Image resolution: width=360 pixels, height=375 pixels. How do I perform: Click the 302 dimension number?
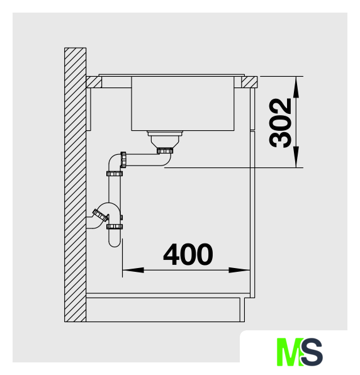[280, 123]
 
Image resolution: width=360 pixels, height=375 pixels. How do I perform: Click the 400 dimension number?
[188, 254]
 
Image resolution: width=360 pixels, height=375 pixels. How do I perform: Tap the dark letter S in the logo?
[312, 352]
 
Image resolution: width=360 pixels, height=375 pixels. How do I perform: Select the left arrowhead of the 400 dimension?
[133, 271]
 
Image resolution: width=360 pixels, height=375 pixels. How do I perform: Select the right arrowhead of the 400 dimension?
[239, 271]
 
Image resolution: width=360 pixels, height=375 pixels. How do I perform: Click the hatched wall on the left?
[75, 184]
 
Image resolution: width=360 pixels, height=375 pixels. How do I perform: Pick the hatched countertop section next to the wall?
[94, 82]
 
